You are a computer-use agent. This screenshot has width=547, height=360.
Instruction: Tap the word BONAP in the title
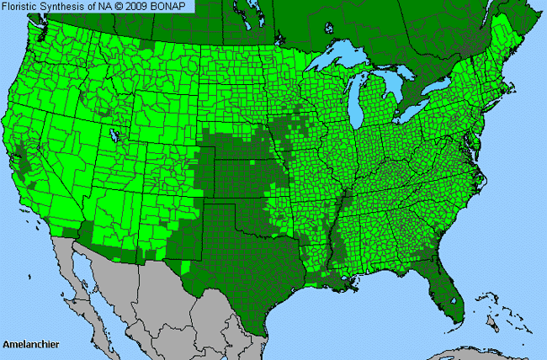tap(173, 7)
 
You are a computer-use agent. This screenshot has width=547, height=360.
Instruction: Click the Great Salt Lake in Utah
tap(114, 134)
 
